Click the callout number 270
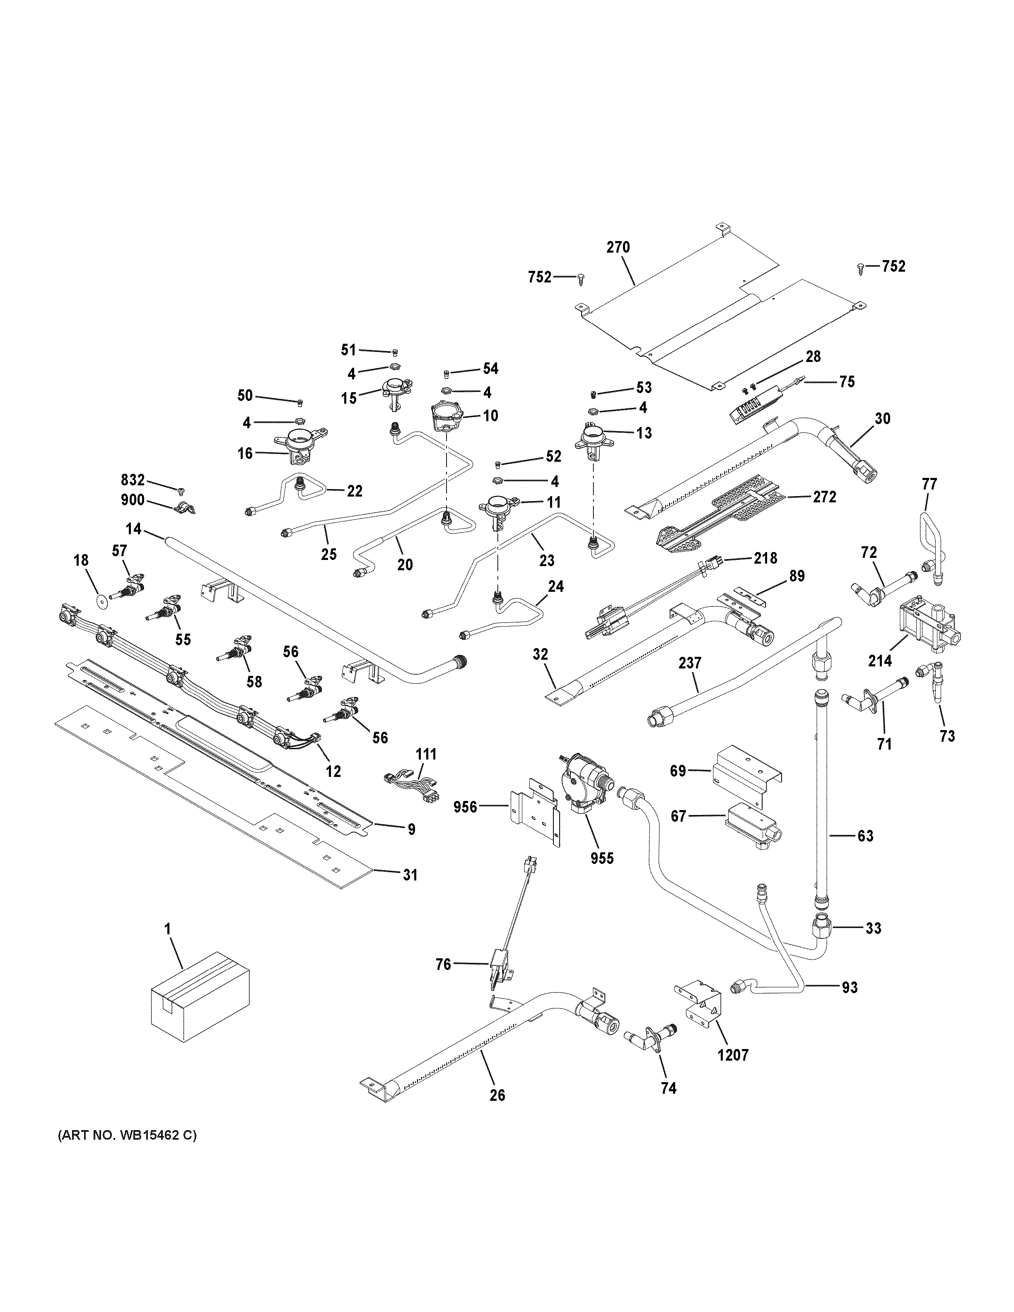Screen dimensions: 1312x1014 (618, 247)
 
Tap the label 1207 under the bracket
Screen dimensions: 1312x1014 (733, 1055)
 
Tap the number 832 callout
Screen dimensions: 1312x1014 (133, 480)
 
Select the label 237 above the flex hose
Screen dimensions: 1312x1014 (690, 663)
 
